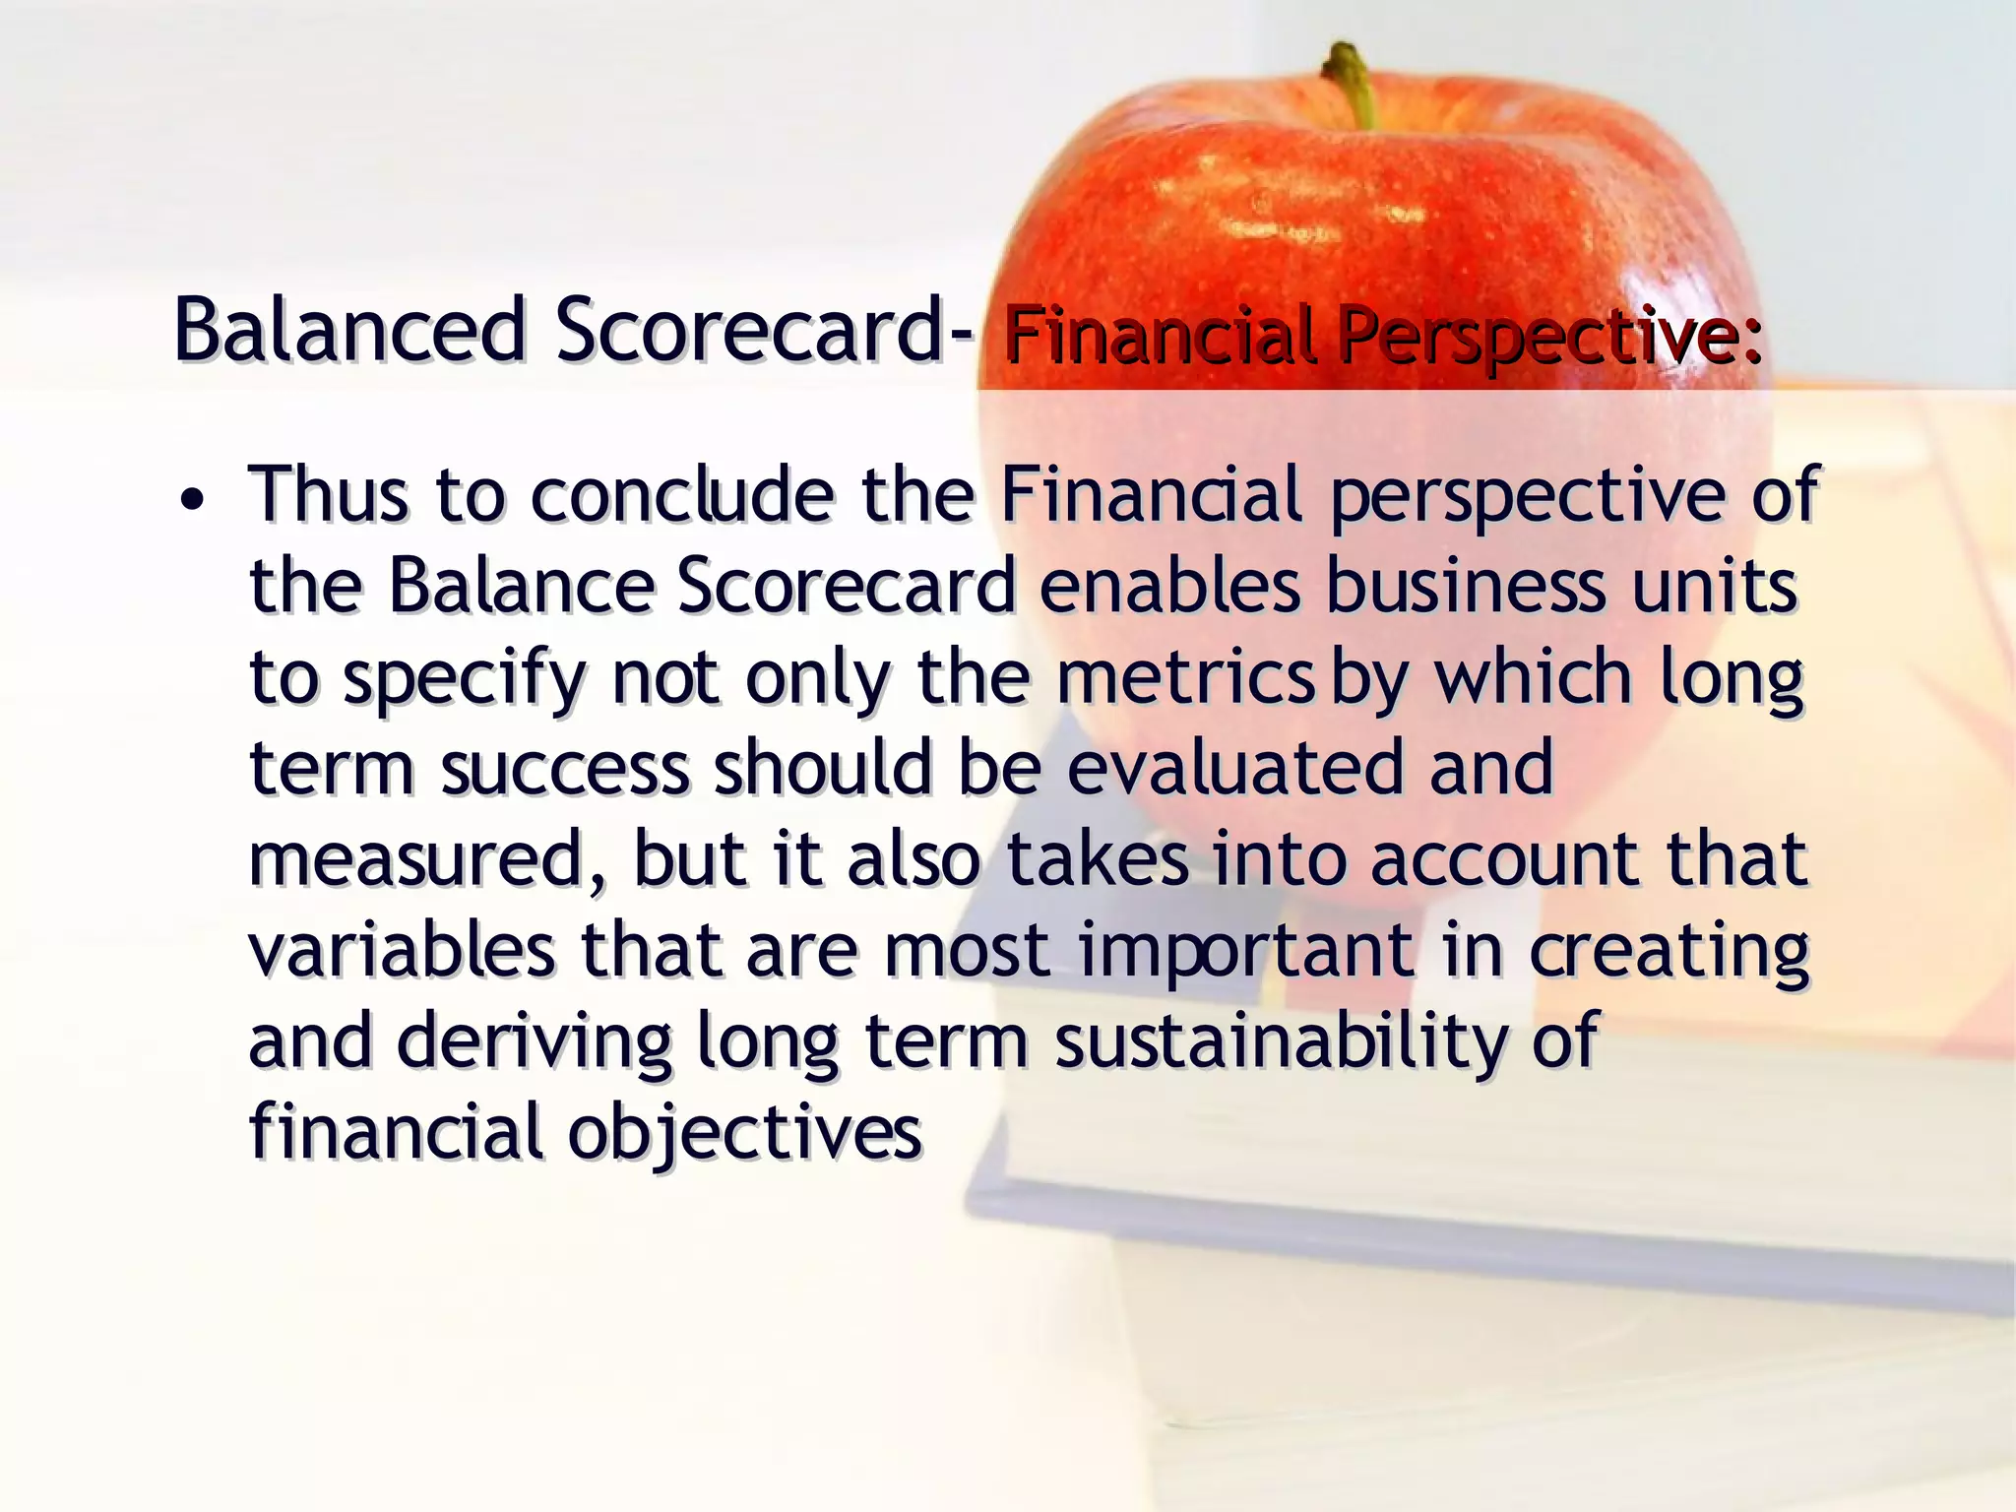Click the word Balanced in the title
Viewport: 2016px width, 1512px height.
(x=349, y=330)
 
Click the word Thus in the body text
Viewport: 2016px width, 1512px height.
(x=328, y=494)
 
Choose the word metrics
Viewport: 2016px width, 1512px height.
(x=1185, y=677)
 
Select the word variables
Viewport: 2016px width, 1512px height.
(x=402, y=950)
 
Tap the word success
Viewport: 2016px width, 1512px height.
(x=565, y=768)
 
